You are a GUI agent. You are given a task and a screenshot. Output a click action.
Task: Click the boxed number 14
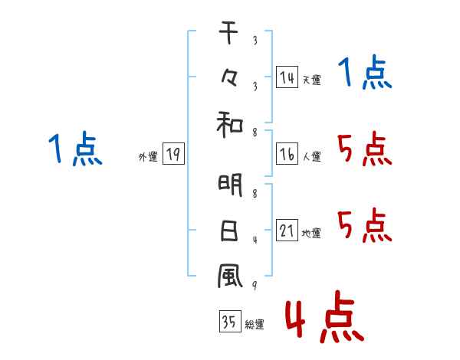(x=287, y=77)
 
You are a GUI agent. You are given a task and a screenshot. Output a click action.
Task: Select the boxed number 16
(x=287, y=155)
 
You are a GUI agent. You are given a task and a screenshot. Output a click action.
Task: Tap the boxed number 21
(x=287, y=231)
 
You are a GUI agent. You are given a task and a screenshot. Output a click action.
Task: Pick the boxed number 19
(x=173, y=155)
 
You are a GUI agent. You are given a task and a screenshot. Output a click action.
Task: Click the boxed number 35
(x=229, y=322)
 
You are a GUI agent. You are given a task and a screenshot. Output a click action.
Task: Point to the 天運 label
(x=311, y=80)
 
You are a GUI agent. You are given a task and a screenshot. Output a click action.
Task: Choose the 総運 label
(x=255, y=325)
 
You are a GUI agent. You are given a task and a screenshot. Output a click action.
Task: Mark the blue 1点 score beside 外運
(x=75, y=149)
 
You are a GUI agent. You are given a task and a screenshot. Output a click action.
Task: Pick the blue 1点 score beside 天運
(x=365, y=74)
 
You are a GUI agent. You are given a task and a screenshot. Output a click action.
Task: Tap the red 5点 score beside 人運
(x=365, y=149)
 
